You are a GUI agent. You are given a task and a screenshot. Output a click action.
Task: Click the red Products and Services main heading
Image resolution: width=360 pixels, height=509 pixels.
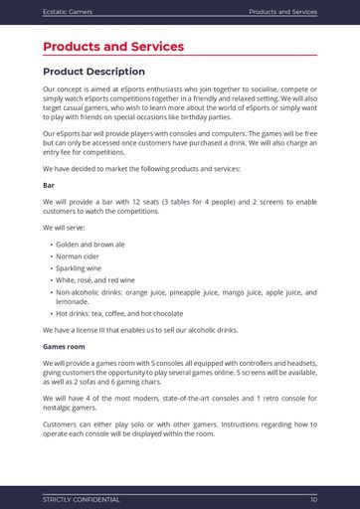[113, 47]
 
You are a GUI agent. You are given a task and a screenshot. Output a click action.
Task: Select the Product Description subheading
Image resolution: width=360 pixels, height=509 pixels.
[93, 72]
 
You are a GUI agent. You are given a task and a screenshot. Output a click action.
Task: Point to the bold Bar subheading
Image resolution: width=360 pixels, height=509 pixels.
[49, 185]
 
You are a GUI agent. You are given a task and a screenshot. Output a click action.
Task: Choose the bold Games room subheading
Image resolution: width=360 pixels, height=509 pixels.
[64, 346]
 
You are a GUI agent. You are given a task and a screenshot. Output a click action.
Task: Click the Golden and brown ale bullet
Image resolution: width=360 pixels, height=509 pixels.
[90, 244]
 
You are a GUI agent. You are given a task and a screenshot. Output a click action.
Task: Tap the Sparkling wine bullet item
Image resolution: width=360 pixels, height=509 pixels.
[79, 267]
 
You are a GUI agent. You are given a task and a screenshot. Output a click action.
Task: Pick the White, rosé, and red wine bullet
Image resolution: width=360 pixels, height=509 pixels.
[95, 280]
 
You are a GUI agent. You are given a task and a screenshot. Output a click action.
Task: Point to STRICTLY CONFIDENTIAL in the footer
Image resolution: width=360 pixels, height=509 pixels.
[81, 499]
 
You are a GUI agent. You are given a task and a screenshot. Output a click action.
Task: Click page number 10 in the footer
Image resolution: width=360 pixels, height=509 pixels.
[313, 499]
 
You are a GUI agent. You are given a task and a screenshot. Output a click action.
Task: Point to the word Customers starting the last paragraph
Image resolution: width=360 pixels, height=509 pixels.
[62, 424]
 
